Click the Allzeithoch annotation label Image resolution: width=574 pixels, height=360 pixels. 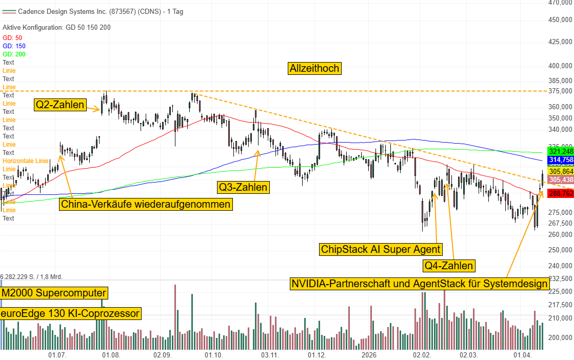pyautogui.click(x=315, y=68)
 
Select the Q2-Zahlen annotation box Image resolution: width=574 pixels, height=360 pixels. pyautogui.click(x=60, y=105)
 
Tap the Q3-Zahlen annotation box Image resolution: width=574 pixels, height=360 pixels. pyautogui.click(x=243, y=187)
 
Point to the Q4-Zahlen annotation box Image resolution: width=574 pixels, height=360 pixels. pyautogui.click(x=449, y=266)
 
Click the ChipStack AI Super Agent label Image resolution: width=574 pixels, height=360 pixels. pyautogui.click(x=380, y=249)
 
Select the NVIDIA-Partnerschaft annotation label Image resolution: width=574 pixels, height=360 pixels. pyautogui.click(x=420, y=284)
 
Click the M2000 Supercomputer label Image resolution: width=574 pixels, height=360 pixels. pyautogui.click(x=54, y=293)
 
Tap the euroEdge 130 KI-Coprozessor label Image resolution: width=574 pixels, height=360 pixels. pyautogui.click(x=70, y=313)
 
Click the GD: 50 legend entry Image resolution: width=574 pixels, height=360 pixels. pyautogui.click(x=12, y=38)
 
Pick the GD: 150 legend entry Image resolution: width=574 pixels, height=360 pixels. pyautogui.click(x=14, y=46)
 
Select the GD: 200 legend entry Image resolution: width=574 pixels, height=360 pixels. pyautogui.click(x=14, y=54)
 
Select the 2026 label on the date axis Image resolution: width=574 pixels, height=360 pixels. pyautogui.click(x=368, y=355)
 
